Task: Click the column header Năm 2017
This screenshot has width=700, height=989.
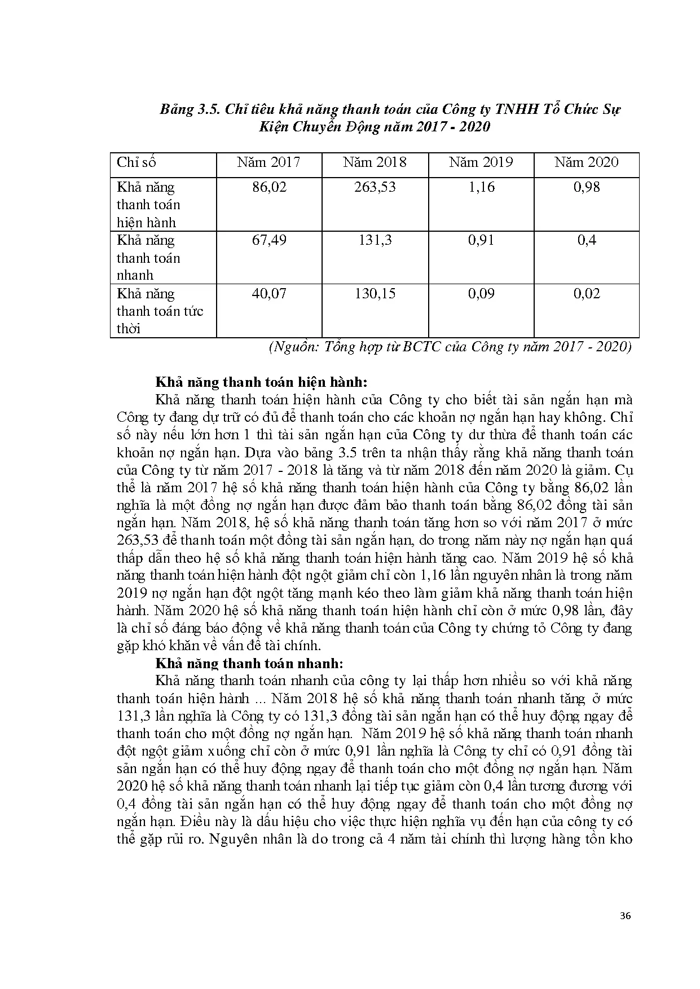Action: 268,163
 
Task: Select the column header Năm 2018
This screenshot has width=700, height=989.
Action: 375,163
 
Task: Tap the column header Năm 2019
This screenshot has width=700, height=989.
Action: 481,163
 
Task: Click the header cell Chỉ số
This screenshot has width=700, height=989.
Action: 136,163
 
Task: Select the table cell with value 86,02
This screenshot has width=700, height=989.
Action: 269,187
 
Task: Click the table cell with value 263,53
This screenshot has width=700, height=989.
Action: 375,187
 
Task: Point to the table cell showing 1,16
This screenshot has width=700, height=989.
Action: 481,187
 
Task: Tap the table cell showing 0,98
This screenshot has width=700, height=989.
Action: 587,187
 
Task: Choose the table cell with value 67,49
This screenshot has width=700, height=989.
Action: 269,240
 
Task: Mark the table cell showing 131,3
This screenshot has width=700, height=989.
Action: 375,240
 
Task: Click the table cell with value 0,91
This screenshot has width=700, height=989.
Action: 481,240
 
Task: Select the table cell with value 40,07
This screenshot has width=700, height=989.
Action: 269,294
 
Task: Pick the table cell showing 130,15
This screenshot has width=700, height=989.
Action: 375,294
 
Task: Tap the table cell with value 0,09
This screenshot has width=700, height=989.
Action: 481,294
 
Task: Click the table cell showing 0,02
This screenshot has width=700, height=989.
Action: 587,294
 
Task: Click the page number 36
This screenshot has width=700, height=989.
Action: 625,916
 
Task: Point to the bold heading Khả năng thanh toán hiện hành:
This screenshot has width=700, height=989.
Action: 261,382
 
